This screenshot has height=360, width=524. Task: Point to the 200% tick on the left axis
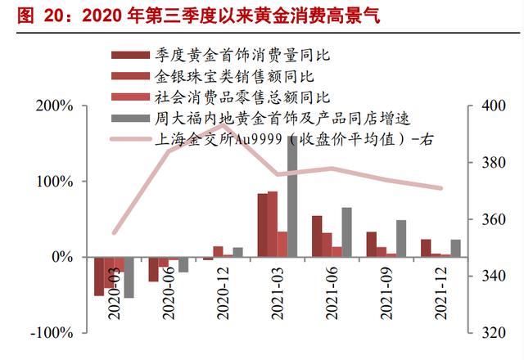coord(56,107)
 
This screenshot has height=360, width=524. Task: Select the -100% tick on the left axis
coord(53,333)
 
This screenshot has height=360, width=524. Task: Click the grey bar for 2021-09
coord(401,238)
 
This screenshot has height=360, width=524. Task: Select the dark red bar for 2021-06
coord(317,236)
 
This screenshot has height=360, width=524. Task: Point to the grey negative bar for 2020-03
coord(129,277)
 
